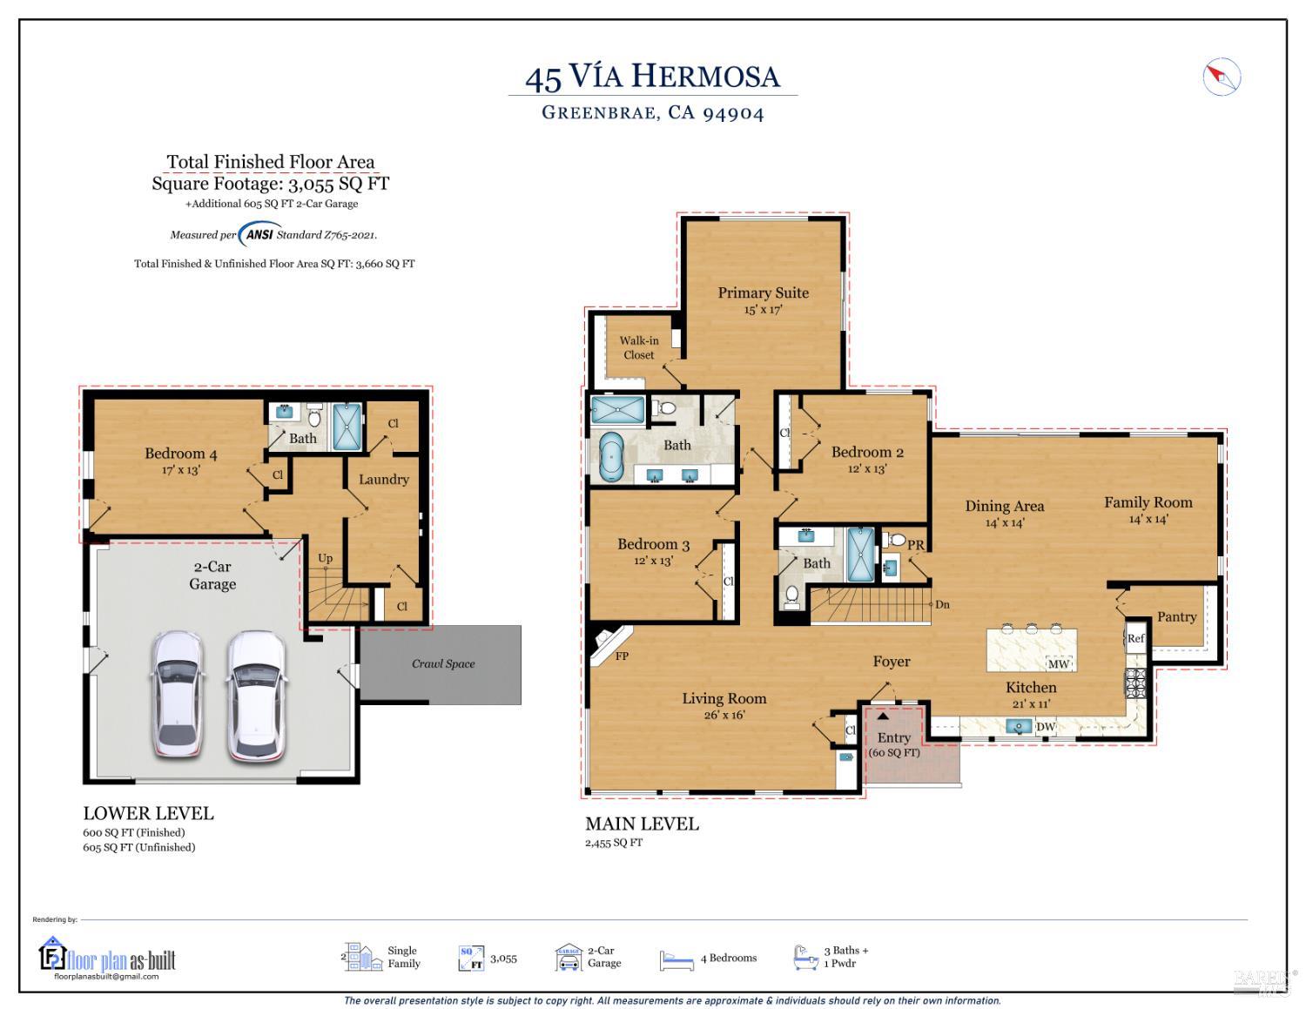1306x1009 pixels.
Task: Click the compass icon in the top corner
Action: click(x=1222, y=77)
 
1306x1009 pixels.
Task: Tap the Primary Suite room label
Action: click(x=763, y=293)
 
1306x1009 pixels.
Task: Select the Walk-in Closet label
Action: click(x=639, y=347)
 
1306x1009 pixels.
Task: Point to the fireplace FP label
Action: click(x=622, y=656)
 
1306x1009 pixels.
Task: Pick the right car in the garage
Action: click(x=256, y=696)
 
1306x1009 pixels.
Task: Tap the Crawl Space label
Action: click(x=443, y=663)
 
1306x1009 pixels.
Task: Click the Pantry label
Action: click(x=1177, y=616)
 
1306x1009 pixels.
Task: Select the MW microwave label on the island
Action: click(x=1059, y=663)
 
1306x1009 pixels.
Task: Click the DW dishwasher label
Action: click(x=1046, y=726)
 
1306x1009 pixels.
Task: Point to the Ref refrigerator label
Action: click(x=1135, y=638)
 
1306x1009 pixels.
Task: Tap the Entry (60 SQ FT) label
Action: click(x=894, y=744)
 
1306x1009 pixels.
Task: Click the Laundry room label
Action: click(x=384, y=479)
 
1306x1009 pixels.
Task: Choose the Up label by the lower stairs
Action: click(x=325, y=558)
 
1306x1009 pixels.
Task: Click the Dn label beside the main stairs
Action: click(x=942, y=604)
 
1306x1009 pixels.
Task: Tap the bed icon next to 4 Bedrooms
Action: click(x=677, y=959)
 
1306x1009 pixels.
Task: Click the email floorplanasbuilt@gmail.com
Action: click(x=106, y=976)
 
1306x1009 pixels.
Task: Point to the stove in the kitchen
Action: click(x=1135, y=683)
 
